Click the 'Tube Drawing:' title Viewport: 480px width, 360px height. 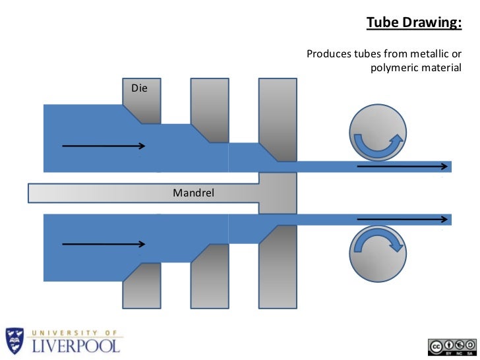pyautogui.click(x=413, y=23)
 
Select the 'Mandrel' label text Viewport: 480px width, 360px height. pyautogui.click(x=193, y=193)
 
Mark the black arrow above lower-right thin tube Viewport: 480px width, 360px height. pyautogui.click(x=402, y=218)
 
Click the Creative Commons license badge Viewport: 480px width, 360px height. pyautogui.click(x=452, y=347)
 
